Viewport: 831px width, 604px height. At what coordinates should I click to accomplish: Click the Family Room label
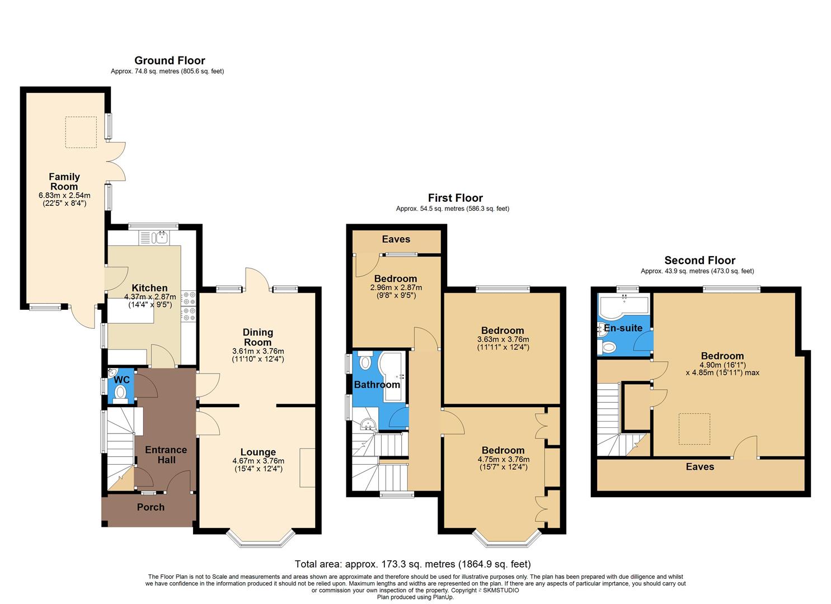[64, 182]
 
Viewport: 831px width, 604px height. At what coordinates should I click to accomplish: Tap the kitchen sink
[161, 238]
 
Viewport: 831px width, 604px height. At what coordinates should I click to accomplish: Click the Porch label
[151, 507]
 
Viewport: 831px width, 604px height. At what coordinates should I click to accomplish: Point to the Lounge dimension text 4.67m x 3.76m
[258, 461]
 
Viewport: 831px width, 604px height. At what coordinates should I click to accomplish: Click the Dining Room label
[258, 337]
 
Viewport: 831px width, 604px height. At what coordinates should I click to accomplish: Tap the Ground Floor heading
[170, 60]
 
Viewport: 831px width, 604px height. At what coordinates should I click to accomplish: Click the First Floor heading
[455, 197]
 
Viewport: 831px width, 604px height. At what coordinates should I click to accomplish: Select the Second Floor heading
[699, 260]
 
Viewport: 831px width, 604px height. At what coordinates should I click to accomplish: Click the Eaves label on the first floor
[396, 239]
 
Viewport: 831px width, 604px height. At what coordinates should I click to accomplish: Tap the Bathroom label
[377, 385]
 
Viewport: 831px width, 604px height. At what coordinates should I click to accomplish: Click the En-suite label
[623, 328]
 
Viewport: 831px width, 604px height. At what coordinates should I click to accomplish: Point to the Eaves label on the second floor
[699, 466]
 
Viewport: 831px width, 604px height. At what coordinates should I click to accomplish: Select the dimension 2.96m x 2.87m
[396, 287]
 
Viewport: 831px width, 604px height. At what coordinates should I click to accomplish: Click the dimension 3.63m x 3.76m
[503, 339]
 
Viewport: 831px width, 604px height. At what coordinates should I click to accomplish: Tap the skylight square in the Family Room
[81, 132]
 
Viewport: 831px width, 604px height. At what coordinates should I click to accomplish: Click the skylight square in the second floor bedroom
[694, 429]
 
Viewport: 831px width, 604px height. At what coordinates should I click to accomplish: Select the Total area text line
[412, 564]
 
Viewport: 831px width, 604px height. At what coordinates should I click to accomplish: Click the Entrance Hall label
[166, 455]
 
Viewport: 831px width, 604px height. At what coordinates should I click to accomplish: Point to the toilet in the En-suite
[607, 348]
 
